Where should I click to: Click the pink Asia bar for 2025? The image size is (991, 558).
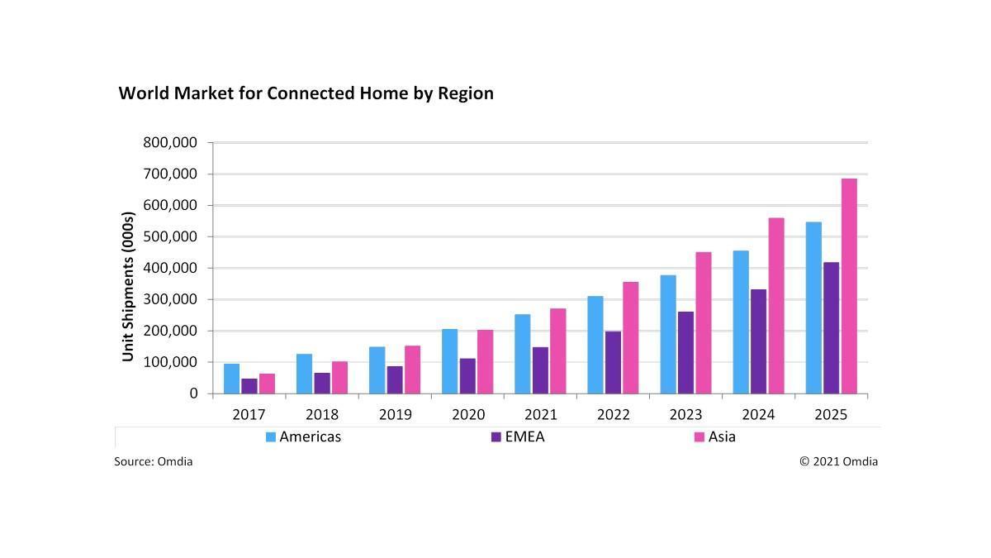pyautogui.click(x=849, y=286)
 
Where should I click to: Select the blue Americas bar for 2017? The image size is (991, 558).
pyautogui.click(x=231, y=379)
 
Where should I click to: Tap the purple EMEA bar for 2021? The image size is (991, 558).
pyautogui.click(x=540, y=370)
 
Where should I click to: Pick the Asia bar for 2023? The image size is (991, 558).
pyautogui.click(x=704, y=323)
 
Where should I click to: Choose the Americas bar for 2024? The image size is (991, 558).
pyautogui.click(x=741, y=322)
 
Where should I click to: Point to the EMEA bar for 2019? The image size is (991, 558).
pyautogui.click(x=395, y=380)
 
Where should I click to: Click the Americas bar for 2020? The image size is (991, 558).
pyautogui.click(x=450, y=361)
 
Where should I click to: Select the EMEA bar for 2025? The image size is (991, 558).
pyautogui.click(x=832, y=328)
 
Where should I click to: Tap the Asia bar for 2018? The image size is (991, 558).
pyautogui.click(x=339, y=378)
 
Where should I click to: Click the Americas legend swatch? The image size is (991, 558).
pyautogui.click(x=270, y=437)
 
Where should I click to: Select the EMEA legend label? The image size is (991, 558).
pyautogui.click(x=524, y=436)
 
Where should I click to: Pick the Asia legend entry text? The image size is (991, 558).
pyautogui.click(x=722, y=436)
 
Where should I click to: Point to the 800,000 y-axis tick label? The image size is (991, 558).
pyautogui.click(x=170, y=142)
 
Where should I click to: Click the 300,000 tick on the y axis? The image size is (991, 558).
pyautogui.click(x=170, y=299)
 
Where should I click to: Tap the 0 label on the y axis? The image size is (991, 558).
pyautogui.click(x=193, y=393)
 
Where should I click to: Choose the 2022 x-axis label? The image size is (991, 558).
pyautogui.click(x=613, y=414)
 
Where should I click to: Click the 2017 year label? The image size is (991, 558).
pyautogui.click(x=249, y=414)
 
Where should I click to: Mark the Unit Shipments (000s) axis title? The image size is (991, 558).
pyautogui.click(x=128, y=287)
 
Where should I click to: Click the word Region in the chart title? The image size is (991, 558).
pyautogui.click(x=466, y=93)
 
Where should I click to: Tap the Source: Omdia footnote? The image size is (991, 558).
pyautogui.click(x=153, y=461)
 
